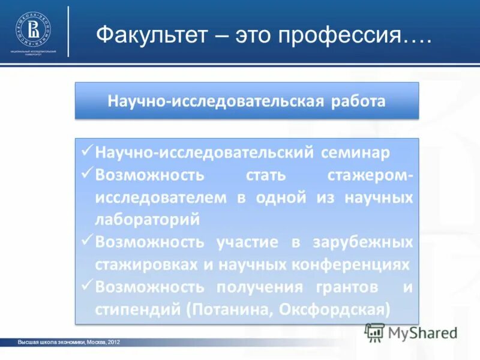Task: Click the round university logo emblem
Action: pyautogui.click(x=33, y=29)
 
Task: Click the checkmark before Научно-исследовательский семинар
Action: pyautogui.click(x=86, y=152)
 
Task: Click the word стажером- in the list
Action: pyautogui.click(x=370, y=175)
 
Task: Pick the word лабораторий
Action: pyautogui.click(x=146, y=220)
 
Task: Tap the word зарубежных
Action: pyautogui.click(x=362, y=242)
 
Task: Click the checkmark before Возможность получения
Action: pyautogui.click(x=86, y=286)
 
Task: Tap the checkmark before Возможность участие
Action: pyautogui.click(x=86, y=241)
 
